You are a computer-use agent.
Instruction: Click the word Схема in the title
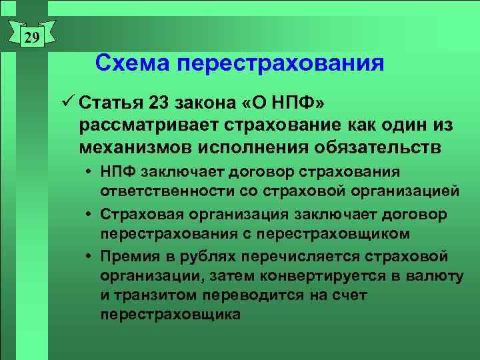coord(131,63)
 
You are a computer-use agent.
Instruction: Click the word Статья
coord(111,104)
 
